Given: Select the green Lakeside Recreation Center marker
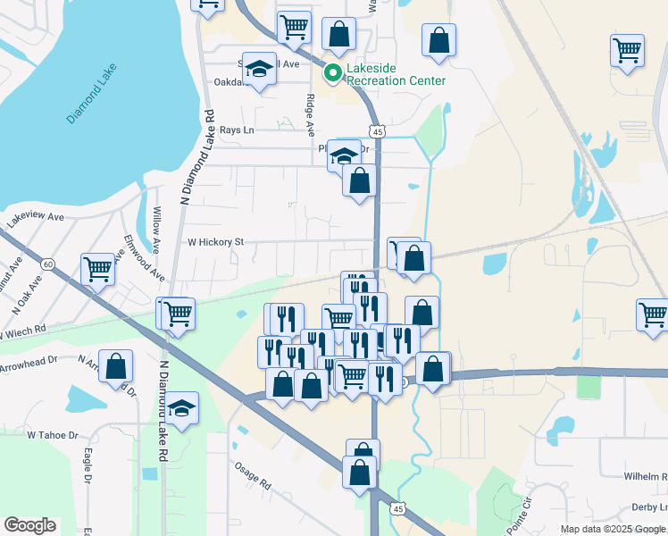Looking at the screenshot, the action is [x=332, y=73].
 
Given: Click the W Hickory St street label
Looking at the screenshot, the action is [x=214, y=242].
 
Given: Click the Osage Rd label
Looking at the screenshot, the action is [x=252, y=475].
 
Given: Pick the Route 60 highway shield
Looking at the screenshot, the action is [x=47, y=264].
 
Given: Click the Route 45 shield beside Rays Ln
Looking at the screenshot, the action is [x=379, y=131].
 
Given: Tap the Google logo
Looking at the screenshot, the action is [x=29, y=525].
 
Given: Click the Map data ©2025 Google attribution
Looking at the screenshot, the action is [x=614, y=529].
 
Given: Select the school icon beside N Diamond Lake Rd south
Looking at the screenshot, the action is [x=182, y=408].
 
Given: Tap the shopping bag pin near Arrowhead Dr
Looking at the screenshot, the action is [x=116, y=366].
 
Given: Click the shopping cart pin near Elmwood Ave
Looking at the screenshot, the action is [x=98, y=268].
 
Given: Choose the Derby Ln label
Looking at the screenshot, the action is [x=646, y=507].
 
